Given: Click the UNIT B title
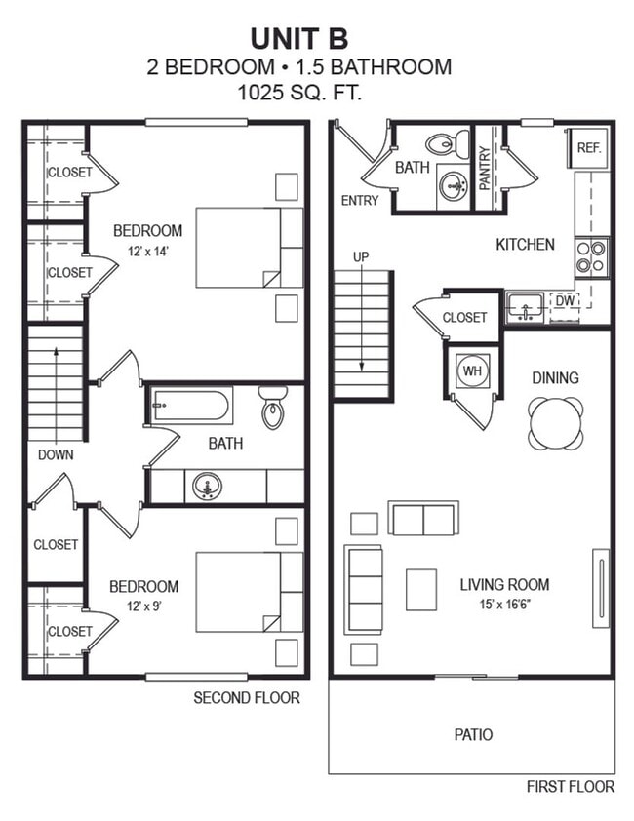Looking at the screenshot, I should click(299, 38).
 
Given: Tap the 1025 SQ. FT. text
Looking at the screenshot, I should click(298, 94).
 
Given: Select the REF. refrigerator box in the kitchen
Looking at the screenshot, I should click(588, 148).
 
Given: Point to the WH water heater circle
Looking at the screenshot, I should click(472, 371).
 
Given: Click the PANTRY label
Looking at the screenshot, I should click(485, 167).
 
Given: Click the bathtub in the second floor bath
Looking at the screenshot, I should click(191, 406).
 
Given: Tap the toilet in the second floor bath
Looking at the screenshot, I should click(274, 408).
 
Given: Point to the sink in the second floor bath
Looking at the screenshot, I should click(207, 485).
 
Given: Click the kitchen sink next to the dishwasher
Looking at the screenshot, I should click(526, 308).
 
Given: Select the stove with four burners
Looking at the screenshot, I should click(591, 256).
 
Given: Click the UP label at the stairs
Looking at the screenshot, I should click(361, 256).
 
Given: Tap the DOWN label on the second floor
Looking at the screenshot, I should click(56, 454).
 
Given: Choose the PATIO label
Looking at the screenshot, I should click(473, 734).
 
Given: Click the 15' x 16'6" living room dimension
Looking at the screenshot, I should click(504, 606).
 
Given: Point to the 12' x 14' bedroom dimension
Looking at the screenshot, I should click(147, 252).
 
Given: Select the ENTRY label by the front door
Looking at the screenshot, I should click(360, 201).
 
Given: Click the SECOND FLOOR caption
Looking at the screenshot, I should click(246, 697).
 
